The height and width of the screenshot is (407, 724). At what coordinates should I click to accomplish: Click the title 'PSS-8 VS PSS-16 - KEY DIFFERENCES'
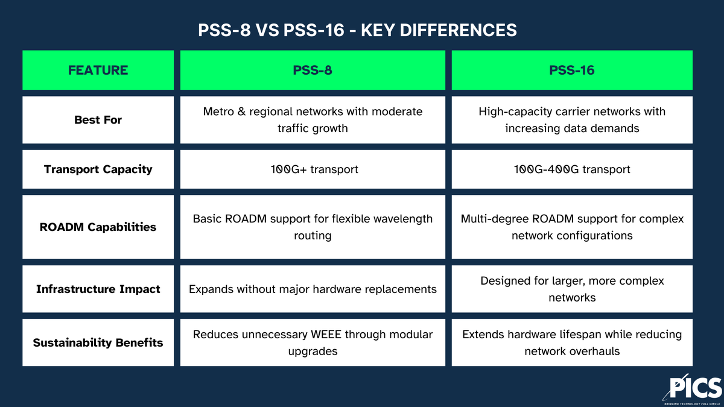[x=357, y=30]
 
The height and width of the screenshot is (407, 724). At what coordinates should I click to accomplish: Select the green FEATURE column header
[x=98, y=70]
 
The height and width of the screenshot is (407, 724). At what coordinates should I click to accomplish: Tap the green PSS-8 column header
[x=313, y=70]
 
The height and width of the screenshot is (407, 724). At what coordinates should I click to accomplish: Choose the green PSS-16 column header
[x=571, y=70]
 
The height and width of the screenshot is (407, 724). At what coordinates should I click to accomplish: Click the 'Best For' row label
[x=98, y=120]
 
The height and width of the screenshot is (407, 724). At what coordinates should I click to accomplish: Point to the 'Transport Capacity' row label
[x=98, y=169]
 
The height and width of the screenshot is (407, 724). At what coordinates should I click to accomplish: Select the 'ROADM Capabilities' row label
[x=98, y=227]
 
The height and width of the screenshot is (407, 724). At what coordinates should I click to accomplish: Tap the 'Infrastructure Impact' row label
[x=98, y=289]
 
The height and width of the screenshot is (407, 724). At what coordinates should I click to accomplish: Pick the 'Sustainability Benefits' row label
[x=98, y=342]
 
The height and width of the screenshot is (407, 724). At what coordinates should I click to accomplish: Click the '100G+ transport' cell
[x=313, y=169]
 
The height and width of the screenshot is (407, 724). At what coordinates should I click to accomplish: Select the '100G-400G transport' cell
[x=571, y=169]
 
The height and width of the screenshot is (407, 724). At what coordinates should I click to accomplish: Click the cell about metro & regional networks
[x=313, y=120]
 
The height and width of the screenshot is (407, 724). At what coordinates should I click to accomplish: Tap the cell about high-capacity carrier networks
[x=571, y=120]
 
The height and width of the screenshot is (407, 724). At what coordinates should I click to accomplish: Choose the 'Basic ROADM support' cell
[x=313, y=227]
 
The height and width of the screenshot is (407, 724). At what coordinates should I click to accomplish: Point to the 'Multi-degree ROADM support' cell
[x=571, y=227]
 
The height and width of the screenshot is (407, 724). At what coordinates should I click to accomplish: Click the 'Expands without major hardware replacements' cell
[x=313, y=289]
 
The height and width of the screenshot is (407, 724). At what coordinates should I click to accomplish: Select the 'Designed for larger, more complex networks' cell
[x=571, y=289]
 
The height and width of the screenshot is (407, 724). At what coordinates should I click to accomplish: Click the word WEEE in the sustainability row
[x=322, y=334]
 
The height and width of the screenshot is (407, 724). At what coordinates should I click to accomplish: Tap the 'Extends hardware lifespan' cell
[x=571, y=342]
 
